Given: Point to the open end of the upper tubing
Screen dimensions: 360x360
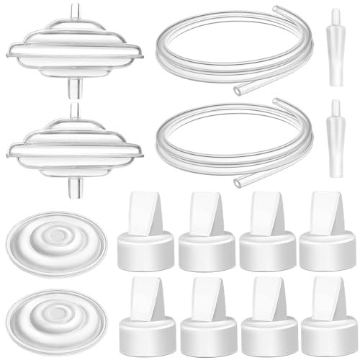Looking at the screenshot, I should [x=238, y=91].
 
